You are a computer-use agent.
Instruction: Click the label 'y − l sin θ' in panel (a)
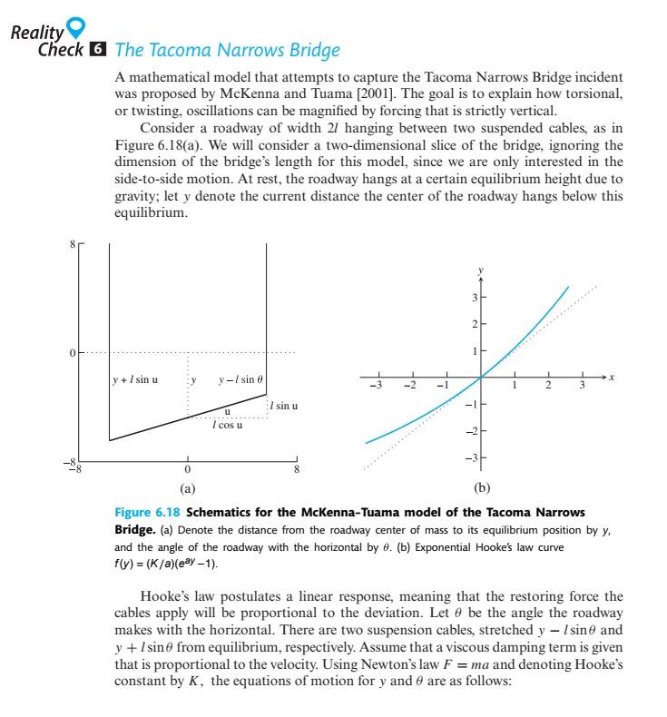point(239,378)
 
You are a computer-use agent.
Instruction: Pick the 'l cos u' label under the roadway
point(226,425)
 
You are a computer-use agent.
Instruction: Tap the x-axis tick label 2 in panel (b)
point(547,386)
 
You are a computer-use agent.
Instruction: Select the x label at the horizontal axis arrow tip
point(613,375)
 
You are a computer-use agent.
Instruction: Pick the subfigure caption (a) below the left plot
point(187,487)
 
